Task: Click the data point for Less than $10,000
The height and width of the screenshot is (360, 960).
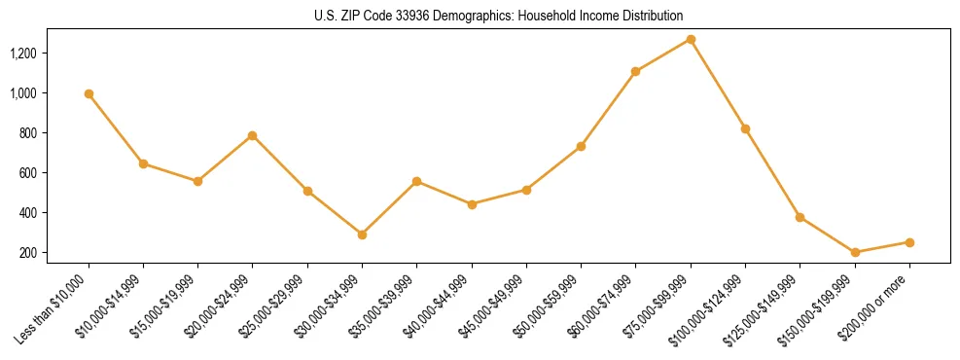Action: tap(89, 94)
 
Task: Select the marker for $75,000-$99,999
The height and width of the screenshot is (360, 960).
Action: tap(691, 39)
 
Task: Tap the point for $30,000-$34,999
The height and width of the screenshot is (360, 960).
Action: tap(362, 234)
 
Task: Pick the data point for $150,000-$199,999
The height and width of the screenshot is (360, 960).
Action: tap(855, 253)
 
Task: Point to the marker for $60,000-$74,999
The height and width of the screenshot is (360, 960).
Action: tap(636, 71)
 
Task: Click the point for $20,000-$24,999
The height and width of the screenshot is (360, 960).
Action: tap(253, 135)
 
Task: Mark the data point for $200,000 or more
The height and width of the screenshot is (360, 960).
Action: tap(909, 242)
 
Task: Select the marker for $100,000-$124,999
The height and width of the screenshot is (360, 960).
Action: tap(745, 128)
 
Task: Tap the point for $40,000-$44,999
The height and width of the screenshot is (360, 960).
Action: tap(472, 204)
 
